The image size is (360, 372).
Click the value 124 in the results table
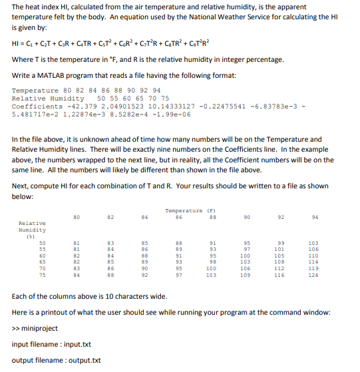point(314,274)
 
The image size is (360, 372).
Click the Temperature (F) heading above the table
point(184,210)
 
